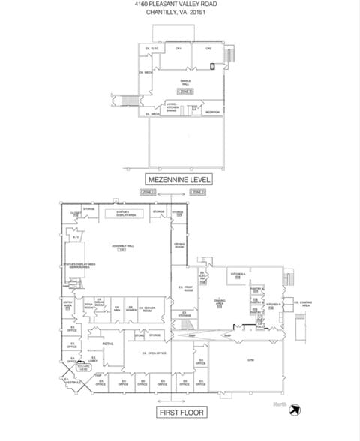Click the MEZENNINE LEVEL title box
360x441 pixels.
(179, 179)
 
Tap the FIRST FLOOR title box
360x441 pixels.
(180, 412)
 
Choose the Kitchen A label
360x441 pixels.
(238, 274)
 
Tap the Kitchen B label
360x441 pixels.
(273, 304)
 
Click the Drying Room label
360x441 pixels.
(178, 244)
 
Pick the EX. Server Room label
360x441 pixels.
(148, 308)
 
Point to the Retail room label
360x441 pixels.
(108, 343)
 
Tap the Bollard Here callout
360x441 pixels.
(83, 368)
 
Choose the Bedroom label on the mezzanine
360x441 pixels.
(212, 111)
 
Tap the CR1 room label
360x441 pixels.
(178, 49)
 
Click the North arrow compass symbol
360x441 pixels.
(297, 407)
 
